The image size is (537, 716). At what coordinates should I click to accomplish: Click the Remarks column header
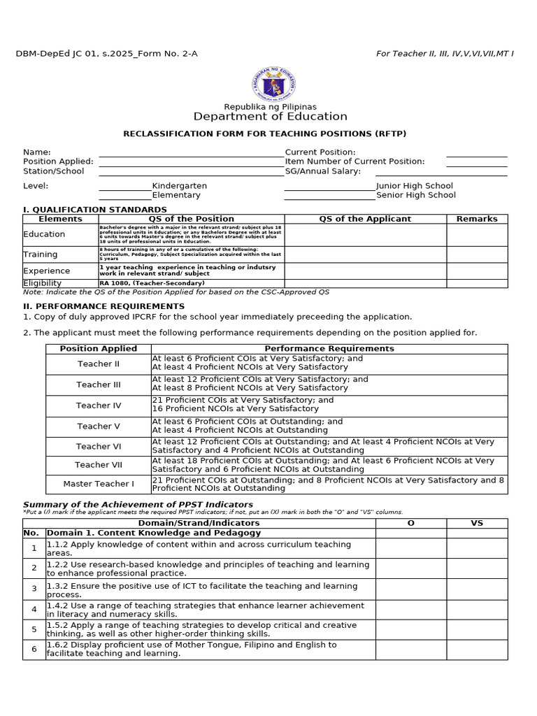477,219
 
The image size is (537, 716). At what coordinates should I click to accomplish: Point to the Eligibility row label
43,283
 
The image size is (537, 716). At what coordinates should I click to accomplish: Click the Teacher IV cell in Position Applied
99,406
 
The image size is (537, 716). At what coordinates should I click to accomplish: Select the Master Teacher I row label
99,484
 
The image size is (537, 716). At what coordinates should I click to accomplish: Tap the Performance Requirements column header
329,348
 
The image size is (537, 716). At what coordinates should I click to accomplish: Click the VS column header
477,523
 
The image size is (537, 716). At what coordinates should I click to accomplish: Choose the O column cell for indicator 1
410,548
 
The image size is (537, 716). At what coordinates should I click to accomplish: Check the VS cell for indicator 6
477,649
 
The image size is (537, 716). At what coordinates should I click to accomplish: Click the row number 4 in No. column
34,609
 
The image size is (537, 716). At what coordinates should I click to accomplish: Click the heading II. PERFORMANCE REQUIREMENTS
104,306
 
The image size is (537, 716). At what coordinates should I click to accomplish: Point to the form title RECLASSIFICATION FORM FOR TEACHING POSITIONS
264,134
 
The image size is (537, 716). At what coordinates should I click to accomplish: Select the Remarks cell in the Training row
477,255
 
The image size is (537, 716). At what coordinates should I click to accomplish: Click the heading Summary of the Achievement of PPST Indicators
138,504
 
